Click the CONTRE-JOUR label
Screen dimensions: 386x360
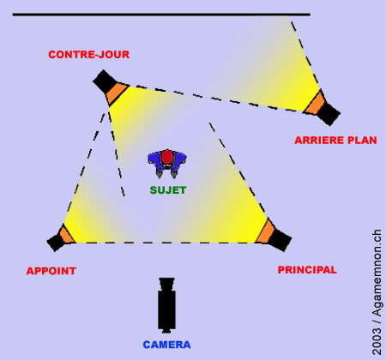pyautogui.click(x=89, y=55)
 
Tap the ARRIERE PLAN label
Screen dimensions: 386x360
pyautogui.click(x=335, y=141)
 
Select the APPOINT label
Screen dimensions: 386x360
pyautogui.click(x=51, y=271)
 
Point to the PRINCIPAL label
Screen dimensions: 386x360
pyautogui.click(x=307, y=270)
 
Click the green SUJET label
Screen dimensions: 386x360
pyautogui.click(x=168, y=190)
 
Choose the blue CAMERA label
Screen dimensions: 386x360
pyautogui.click(x=166, y=345)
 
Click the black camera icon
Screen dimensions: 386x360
pyautogui.click(x=166, y=305)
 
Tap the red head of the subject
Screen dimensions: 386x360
pyautogui.click(x=166, y=157)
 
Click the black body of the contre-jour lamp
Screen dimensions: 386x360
pyautogui.click(x=105, y=81)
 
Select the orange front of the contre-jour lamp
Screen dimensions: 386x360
pyautogui.click(x=118, y=93)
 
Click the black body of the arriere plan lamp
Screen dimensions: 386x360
pyautogui.click(x=329, y=114)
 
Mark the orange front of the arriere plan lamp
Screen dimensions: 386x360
pyautogui.click(x=315, y=103)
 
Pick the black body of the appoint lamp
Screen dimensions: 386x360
pyautogui.click(x=56, y=242)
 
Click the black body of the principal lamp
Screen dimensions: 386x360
pyautogui.click(x=280, y=239)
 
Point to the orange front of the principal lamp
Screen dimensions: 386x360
pyautogui.click(x=265, y=231)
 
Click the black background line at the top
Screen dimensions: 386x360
pyautogui.click(x=161, y=15)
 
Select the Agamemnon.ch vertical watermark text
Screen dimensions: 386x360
pyautogui.click(x=377, y=273)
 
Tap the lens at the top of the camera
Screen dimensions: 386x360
pyautogui.click(x=166, y=283)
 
